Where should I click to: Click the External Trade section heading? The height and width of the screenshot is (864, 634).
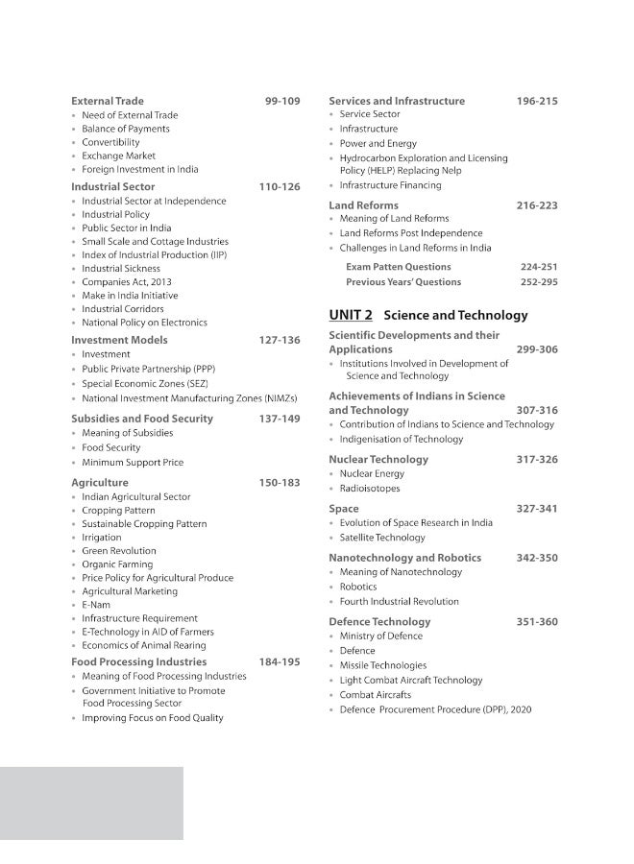click(x=108, y=101)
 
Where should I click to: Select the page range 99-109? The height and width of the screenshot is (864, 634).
click(x=282, y=101)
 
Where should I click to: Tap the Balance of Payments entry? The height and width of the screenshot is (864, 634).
click(x=126, y=129)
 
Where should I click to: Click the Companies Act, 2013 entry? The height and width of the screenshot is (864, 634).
click(x=127, y=282)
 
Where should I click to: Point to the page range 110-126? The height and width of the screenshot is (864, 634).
click(x=280, y=186)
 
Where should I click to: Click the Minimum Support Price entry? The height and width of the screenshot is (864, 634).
click(x=133, y=463)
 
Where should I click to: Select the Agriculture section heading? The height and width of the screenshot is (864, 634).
click(x=100, y=483)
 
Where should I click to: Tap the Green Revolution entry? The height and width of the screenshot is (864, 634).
click(x=119, y=551)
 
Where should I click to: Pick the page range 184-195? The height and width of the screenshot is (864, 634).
click(x=280, y=661)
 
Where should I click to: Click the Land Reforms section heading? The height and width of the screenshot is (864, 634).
click(x=363, y=205)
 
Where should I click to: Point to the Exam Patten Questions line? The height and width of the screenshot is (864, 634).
click(x=398, y=267)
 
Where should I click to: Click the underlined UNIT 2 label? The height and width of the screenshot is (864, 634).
click(x=351, y=315)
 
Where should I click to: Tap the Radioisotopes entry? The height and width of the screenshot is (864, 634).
click(x=370, y=489)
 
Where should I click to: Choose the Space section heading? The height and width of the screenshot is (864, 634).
click(x=344, y=509)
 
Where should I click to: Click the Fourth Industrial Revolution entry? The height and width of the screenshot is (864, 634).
click(x=399, y=602)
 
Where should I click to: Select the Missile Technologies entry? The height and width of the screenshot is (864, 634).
click(x=383, y=665)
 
